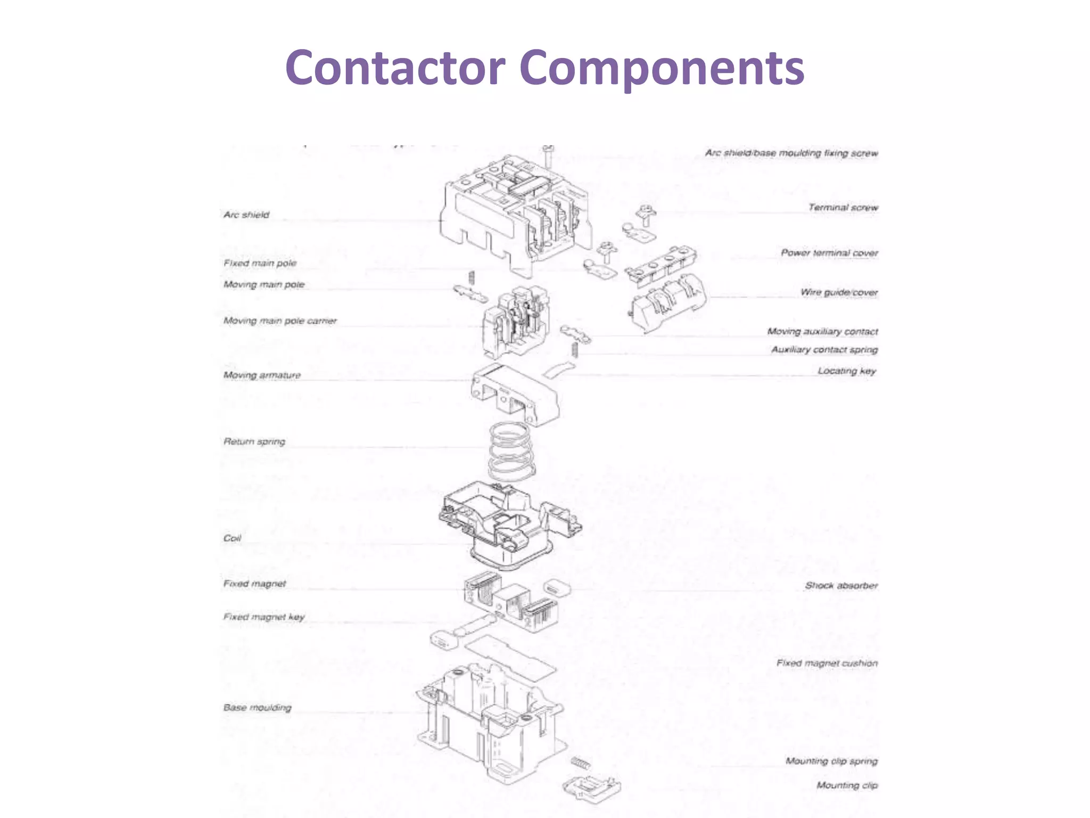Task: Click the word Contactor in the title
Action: click(395, 68)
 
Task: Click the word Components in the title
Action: click(662, 69)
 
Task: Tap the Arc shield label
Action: click(246, 215)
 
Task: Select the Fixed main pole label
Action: click(260, 263)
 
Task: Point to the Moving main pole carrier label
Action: click(280, 321)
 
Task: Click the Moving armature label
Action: click(262, 375)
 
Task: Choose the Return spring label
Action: click(254, 441)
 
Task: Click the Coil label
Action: click(232, 538)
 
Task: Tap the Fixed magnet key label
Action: click(264, 617)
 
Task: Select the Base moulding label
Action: click(258, 707)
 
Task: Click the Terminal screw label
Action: click(843, 207)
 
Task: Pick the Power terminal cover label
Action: click(829, 252)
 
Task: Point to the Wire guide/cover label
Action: click(839, 292)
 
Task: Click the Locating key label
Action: click(846, 371)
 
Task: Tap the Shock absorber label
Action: click(841, 585)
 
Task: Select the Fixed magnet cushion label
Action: click(827, 663)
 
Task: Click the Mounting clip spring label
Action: click(831, 761)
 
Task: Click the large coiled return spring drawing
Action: click(511, 450)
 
